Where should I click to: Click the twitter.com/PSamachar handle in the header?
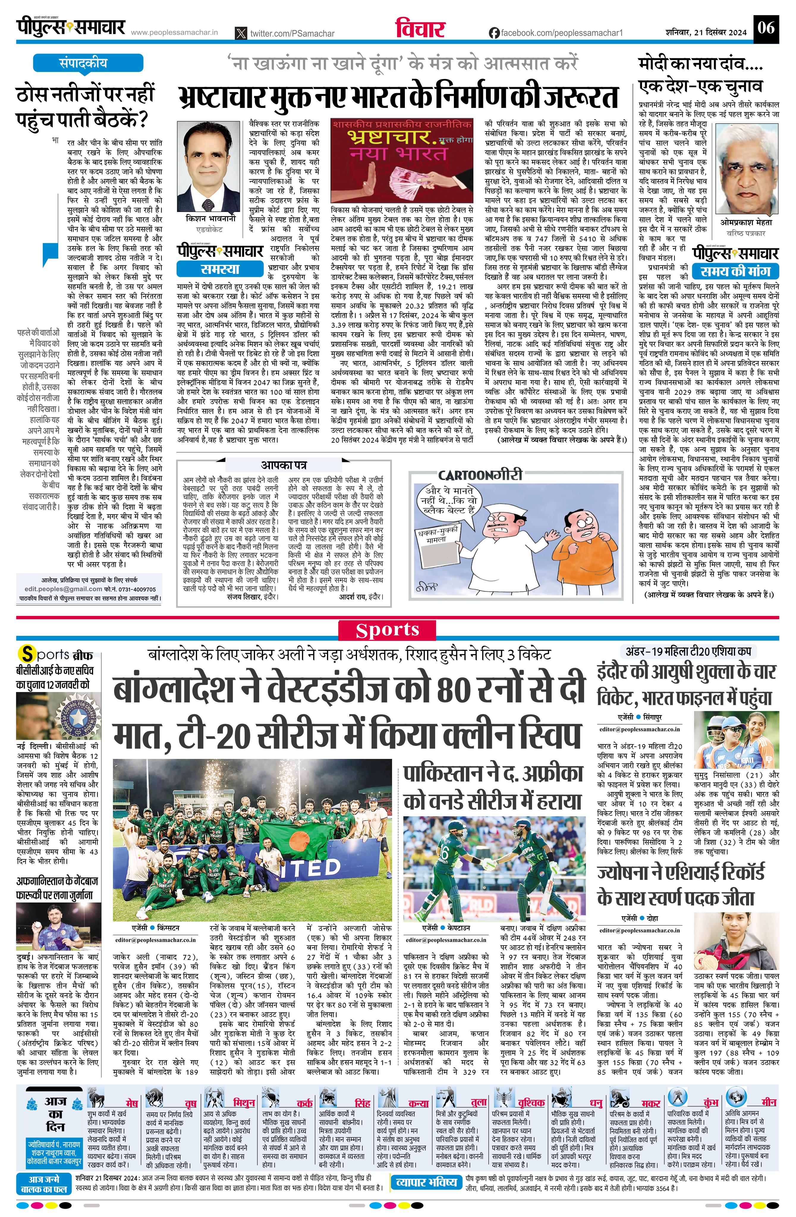click(x=291, y=33)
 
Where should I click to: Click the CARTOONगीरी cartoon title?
click(x=480, y=474)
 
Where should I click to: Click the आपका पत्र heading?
click(x=284, y=465)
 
